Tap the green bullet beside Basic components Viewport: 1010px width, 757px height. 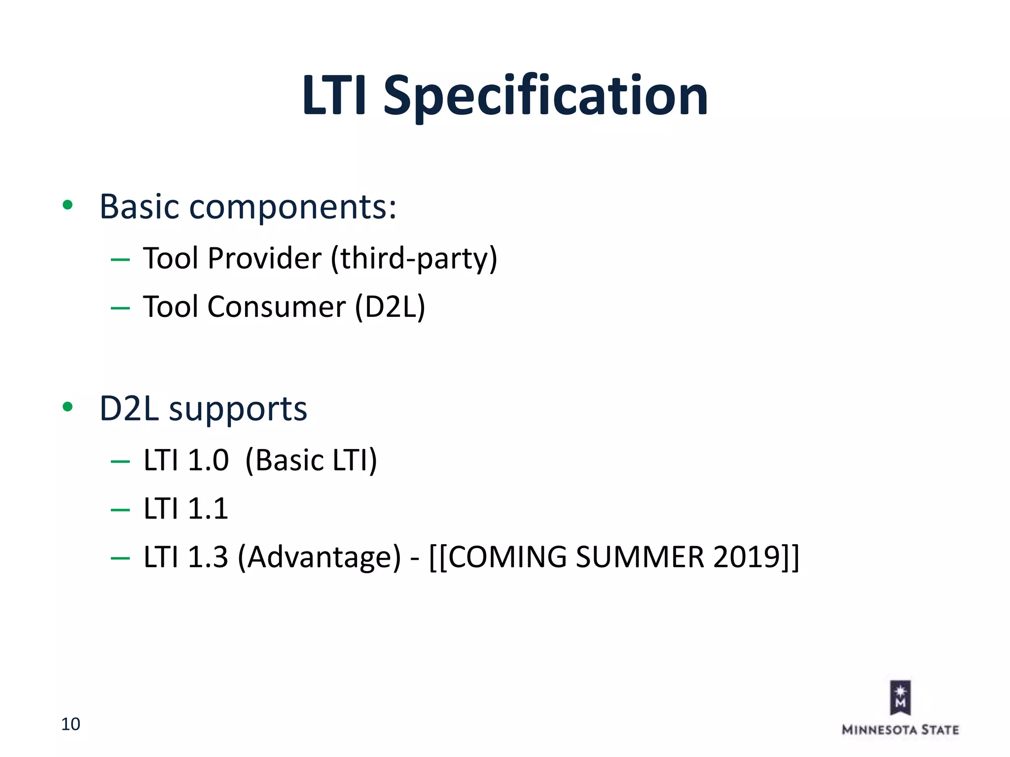(x=68, y=205)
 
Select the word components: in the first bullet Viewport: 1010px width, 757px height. (x=293, y=207)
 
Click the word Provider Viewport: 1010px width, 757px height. (x=264, y=258)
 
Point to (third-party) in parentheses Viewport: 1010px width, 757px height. (x=414, y=259)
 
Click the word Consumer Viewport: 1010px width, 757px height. (x=276, y=307)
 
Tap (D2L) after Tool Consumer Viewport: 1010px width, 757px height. (x=390, y=307)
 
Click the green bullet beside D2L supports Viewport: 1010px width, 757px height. (x=68, y=407)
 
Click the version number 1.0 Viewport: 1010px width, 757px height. (x=208, y=460)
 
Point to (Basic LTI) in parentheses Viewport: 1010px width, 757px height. (x=311, y=460)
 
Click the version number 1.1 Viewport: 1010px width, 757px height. (x=208, y=509)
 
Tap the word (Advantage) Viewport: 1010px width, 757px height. (x=319, y=557)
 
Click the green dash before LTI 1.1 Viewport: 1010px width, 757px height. (x=120, y=510)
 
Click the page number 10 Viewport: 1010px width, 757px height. (x=71, y=724)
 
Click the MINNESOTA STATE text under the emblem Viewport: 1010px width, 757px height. (x=900, y=730)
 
